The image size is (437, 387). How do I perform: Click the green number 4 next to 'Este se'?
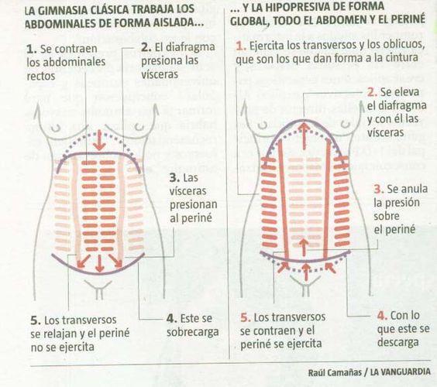point(170,318)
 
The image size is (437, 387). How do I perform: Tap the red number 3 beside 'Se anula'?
point(377,189)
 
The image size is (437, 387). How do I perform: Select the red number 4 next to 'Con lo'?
point(380,315)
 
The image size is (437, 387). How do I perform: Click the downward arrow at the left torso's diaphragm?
point(98,142)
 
